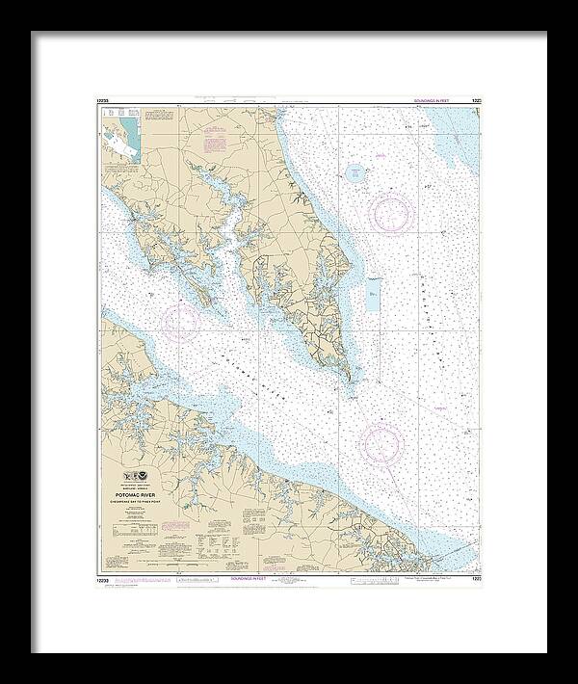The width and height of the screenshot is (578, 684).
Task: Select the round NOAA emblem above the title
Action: pyautogui.click(x=140, y=481)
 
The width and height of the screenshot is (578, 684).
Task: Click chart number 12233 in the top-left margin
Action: pyautogui.click(x=103, y=100)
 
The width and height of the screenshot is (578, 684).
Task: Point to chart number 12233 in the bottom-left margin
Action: pyautogui.click(x=103, y=580)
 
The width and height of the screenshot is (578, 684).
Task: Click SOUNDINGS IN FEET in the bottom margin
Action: pyautogui.click(x=289, y=581)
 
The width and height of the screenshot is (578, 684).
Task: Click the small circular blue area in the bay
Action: pyautogui.click(x=355, y=174)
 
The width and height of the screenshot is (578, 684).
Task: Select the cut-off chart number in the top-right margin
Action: pyautogui.click(x=474, y=100)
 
